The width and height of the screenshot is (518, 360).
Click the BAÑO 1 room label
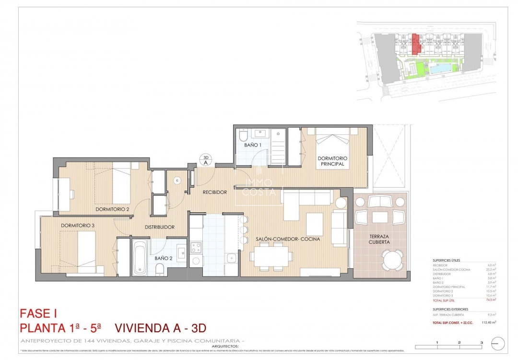(x=253, y=144)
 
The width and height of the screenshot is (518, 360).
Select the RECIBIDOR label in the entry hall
(x=214, y=192)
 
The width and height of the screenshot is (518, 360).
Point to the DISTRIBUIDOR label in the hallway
(x=160, y=227)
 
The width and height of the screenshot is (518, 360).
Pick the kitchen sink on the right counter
(x=232, y=258)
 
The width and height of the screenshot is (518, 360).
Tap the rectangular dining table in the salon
(x=271, y=256)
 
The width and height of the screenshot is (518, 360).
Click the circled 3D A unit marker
(x=205, y=160)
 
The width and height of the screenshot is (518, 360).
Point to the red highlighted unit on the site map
(x=416, y=44)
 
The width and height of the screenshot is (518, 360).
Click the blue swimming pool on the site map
(x=440, y=70)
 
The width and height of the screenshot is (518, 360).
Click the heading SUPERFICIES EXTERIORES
(x=450, y=309)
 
